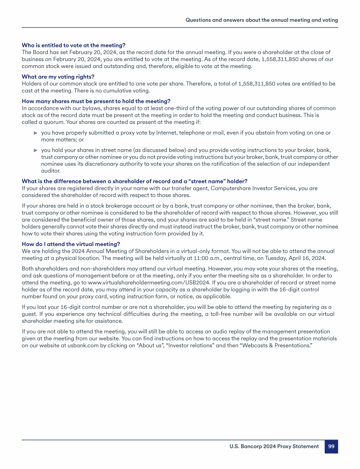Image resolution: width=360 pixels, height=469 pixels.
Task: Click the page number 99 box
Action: [x=331, y=446]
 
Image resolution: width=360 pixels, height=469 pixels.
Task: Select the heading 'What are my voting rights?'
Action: [x=58, y=77]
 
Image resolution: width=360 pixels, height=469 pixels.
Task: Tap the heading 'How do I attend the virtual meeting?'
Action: [x=71, y=243]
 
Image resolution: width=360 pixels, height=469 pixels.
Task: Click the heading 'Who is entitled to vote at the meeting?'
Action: [x=74, y=45]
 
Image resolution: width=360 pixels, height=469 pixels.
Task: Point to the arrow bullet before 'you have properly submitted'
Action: [x=35, y=133]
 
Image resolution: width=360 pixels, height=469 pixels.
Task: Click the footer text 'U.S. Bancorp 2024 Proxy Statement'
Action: [x=271, y=446]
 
